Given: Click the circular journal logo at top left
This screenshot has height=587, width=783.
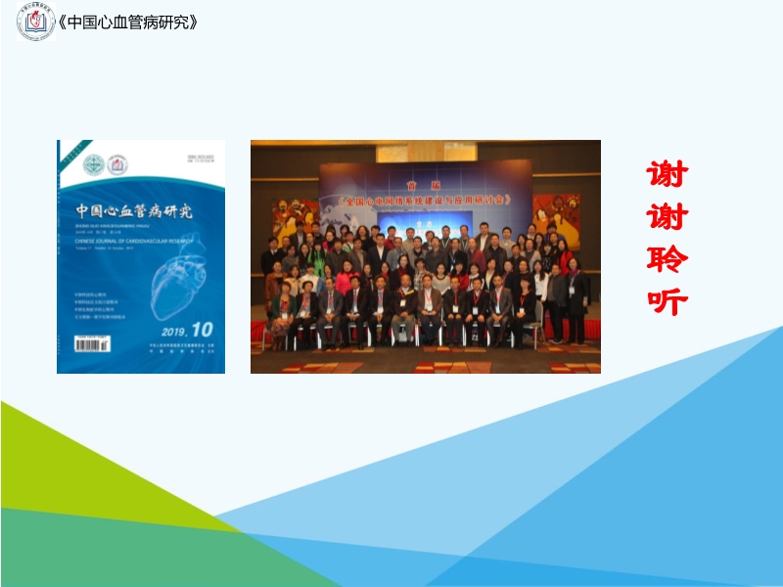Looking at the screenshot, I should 35,23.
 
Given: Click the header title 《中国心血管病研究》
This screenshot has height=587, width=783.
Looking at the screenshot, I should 130,22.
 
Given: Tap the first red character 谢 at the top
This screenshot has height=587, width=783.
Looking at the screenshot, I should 668,175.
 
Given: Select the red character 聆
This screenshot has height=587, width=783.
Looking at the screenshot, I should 668,260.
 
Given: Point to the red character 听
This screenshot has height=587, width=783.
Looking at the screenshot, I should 668,301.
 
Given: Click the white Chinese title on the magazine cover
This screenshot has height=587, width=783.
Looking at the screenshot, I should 134,210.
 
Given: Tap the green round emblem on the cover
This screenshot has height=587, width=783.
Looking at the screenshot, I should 93,165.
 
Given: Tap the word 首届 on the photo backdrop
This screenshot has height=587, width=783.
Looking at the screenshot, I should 425,185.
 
